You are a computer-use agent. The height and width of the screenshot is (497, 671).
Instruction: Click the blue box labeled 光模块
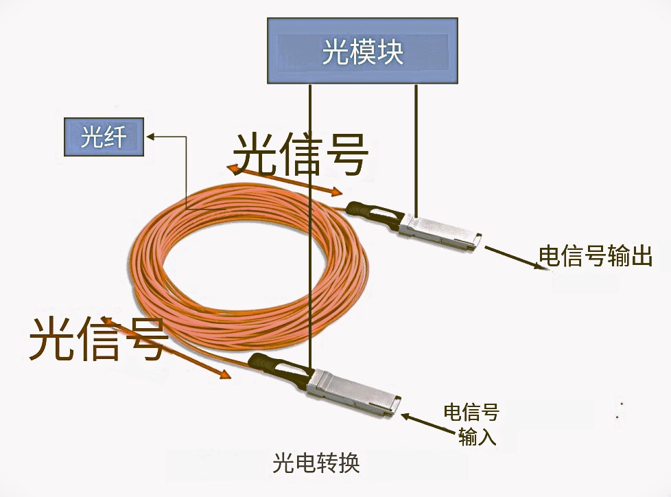[x=362, y=51]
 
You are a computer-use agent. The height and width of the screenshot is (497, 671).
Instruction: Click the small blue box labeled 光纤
[x=104, y=137]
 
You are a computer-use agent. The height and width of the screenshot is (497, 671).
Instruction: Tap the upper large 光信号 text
[x=301, y=154]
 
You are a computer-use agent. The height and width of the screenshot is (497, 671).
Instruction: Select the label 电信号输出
[x=594, y=257]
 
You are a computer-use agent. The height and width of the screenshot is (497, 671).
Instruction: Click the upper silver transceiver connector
[x=439, y=232]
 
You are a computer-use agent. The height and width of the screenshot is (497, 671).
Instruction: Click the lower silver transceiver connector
[x=353, y=394]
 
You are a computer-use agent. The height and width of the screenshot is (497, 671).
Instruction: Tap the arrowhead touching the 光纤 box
[x=154, y=136]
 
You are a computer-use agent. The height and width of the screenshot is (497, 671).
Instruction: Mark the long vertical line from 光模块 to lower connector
[x=311, y=227]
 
